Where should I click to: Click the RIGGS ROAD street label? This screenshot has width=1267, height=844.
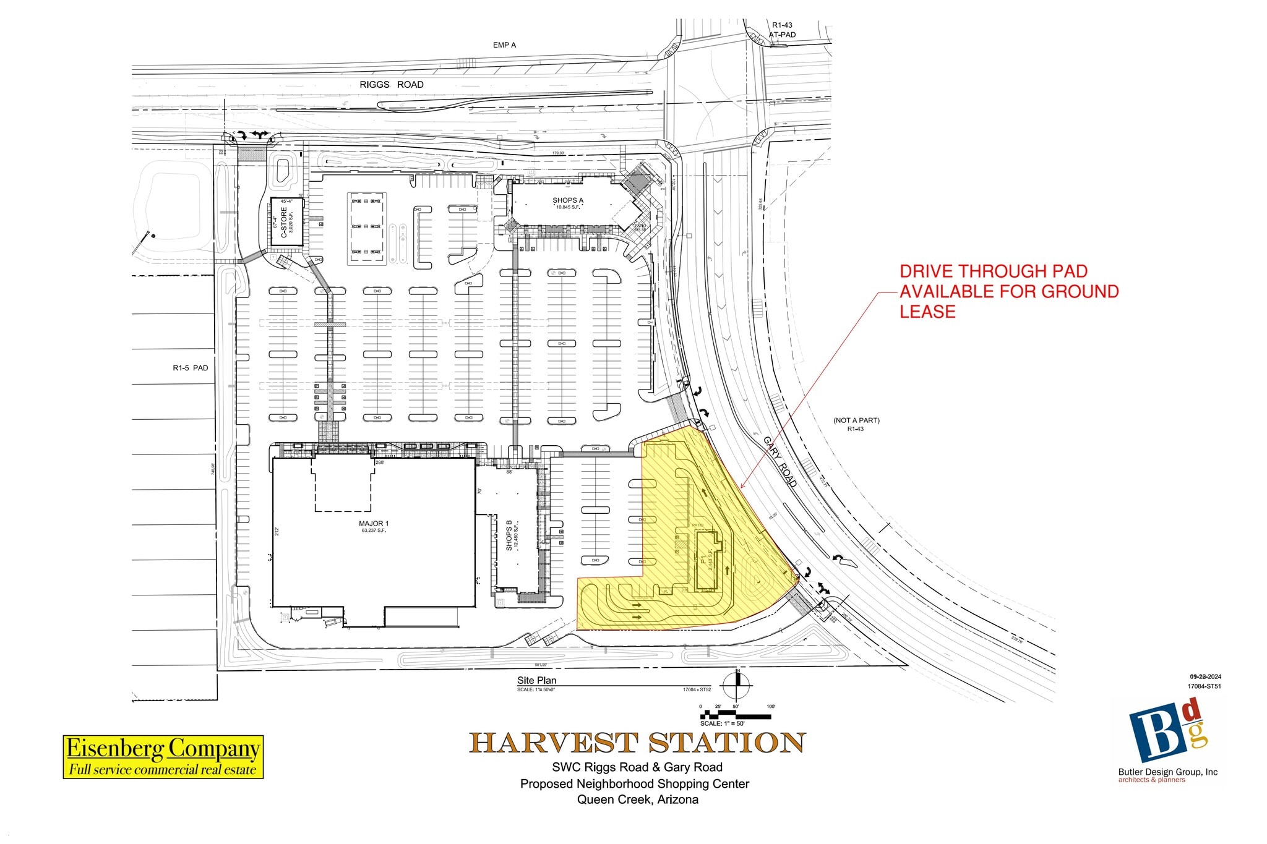(x=392, y=85)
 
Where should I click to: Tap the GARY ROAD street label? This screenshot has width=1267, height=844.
(x=780, y=462)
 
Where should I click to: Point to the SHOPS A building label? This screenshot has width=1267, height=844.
(x=568, y=200)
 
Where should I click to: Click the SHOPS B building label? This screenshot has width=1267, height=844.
(x=509, y=535)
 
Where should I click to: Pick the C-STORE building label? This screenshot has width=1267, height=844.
(x=285, y=222)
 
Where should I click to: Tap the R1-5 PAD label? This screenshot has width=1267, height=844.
(x=191, y=368)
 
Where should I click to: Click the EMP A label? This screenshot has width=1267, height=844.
(x=504, y=45)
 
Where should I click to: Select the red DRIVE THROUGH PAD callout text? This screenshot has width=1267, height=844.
(x=1008, y=291)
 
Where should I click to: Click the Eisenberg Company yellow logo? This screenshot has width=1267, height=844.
(x=163, y=756)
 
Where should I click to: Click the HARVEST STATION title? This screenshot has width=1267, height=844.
(x=637, y=743)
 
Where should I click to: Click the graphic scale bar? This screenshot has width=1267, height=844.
(x=736, y=716)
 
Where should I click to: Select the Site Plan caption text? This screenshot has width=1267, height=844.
(x=537, y=680)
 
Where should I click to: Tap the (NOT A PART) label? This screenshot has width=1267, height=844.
(x=856, y=420)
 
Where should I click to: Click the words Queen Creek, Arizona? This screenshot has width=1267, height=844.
(x=638, y=799)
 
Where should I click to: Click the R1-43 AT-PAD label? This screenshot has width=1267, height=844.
(x=782, y=30)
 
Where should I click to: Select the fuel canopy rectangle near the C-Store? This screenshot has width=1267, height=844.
(x=367, y=227)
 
